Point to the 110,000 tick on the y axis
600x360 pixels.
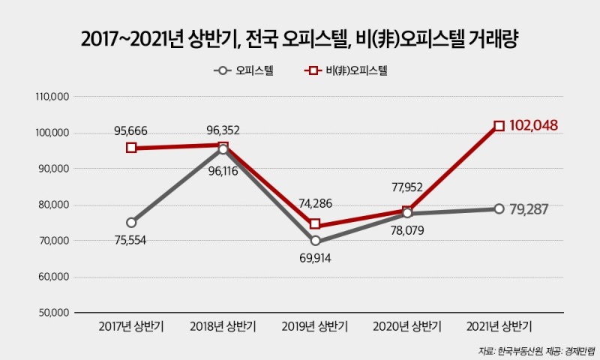click(52, 97)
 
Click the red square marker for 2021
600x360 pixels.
click(499, 126)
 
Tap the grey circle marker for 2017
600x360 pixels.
click(131, 222)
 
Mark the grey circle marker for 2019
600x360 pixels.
click(315, 241)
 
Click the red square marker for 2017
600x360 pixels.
click(131, 148)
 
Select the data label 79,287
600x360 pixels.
click(536, 208)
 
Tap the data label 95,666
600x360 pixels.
click(130, 130)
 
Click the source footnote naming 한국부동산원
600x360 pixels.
click(535, 350)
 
